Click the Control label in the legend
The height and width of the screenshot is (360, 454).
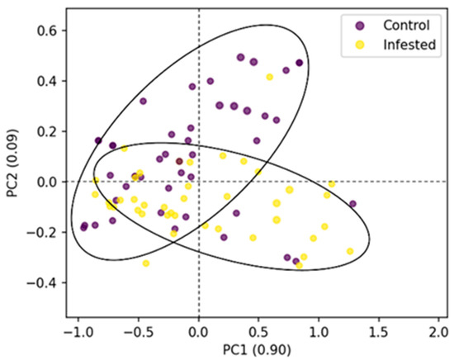400,25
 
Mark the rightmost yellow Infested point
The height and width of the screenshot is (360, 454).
350,251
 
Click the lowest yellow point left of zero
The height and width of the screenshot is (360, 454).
146,263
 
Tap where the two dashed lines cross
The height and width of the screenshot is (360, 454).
198,182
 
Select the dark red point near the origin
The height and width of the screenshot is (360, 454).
179,162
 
